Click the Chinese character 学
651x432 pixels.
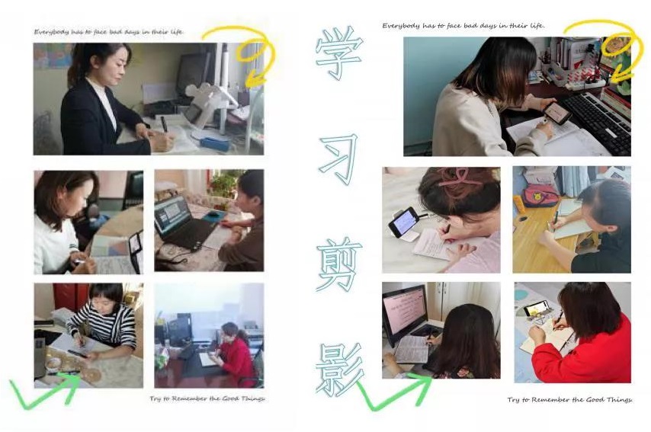339,53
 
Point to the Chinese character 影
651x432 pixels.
340,370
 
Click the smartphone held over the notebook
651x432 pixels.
557,113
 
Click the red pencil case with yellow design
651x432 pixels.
540,195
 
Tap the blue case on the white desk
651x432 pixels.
214,143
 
